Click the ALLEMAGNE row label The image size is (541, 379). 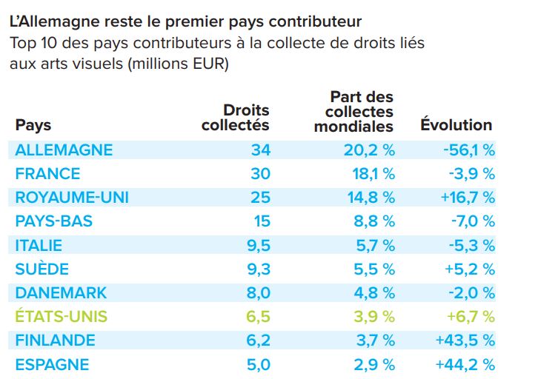coord(64,150)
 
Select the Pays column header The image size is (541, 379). coord(33,125)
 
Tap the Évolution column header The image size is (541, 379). coord(456,125)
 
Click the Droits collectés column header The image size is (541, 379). coord(236,118)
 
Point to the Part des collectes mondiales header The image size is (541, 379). coord(354,111)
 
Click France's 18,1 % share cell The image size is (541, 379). coord(370,174)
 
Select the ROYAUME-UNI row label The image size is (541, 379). coord(72,198)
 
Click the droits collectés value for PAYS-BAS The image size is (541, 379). coord(261,221)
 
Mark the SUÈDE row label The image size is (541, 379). coord(42,269)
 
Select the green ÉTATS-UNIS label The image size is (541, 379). coord(62,317)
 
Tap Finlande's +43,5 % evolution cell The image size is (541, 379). coord(464,341)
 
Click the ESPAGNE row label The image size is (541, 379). coord(52,364)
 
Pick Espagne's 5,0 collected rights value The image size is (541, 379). coord(258,364)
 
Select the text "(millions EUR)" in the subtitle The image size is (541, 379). coord(179,64)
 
